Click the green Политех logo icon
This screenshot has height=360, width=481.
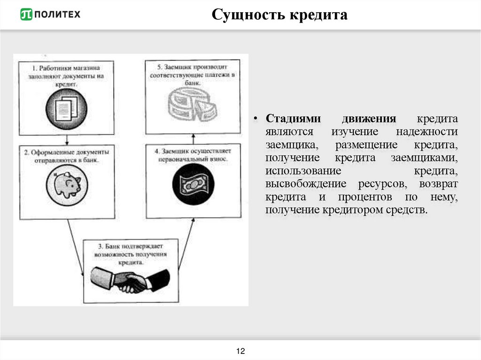click(x=26, y=15)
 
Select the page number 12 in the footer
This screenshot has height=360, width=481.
click(x=241, y=351)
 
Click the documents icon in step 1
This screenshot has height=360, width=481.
click(x=66, y=107)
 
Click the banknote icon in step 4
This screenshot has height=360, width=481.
click(x=193, y=184)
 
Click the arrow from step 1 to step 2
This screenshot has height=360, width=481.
click(x=67, y=139)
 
